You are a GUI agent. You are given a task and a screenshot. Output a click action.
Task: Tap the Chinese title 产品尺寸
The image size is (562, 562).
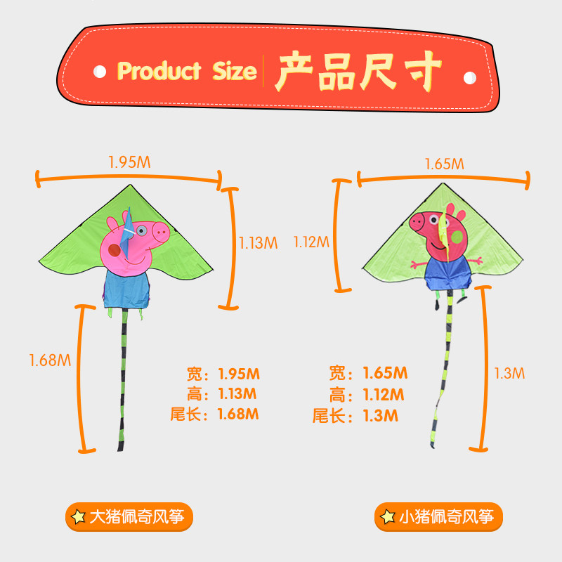[360, 71]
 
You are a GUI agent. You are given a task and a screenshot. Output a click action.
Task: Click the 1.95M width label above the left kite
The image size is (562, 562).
[129, 162]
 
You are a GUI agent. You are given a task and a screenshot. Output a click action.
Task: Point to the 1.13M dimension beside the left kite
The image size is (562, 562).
[259, 243]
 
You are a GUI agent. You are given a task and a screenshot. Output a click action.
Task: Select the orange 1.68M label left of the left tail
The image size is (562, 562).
[50, 360]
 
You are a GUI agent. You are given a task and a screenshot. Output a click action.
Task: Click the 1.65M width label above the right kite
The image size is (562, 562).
[444, 164]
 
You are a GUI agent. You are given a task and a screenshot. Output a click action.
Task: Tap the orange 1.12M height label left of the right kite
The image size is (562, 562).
[311, 242]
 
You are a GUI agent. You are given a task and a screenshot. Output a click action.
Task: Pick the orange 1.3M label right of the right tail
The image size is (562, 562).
[509, 373]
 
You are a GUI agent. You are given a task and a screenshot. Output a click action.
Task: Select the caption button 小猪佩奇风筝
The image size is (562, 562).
[439, 518]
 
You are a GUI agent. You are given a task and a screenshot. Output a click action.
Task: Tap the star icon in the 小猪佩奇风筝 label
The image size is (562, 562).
[387, 518]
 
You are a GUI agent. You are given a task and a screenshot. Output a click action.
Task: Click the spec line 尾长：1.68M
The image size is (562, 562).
[214, 414]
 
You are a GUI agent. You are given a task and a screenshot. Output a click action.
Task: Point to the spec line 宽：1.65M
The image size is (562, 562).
[368, 373]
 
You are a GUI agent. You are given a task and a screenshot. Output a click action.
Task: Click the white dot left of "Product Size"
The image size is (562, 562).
[100, 72]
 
